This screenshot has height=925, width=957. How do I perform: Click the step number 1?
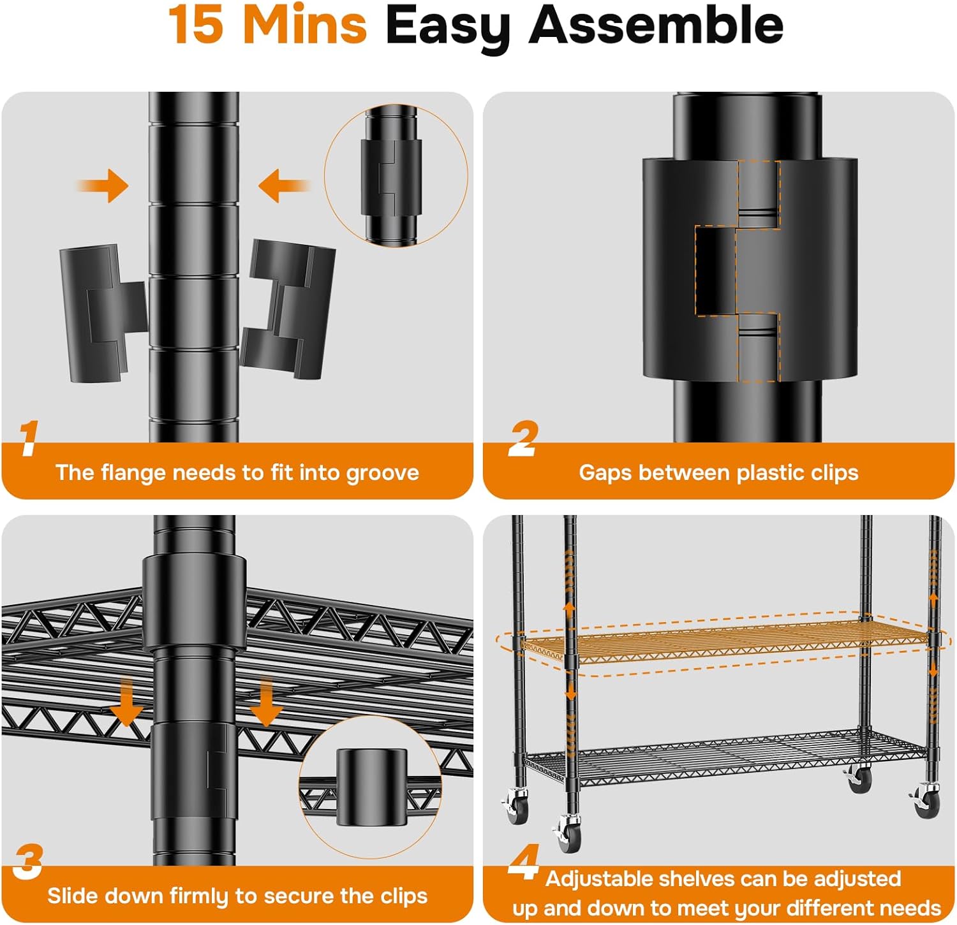click(28, 438)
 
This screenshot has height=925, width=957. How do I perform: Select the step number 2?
click(523, 438)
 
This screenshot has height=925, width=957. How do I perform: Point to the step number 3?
click(28, 861)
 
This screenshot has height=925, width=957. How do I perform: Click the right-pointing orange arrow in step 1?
click(103, 186)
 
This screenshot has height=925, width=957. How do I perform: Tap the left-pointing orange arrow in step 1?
click(285, 186)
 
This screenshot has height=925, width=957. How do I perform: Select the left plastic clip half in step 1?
click(103, 314)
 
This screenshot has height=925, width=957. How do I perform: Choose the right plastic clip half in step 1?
click(288, 309)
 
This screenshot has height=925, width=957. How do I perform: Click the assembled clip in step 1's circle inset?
click(391, 177)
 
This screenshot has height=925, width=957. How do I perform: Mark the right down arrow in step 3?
click(265, 701)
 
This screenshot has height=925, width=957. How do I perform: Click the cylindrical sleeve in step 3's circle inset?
click(371, 787)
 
